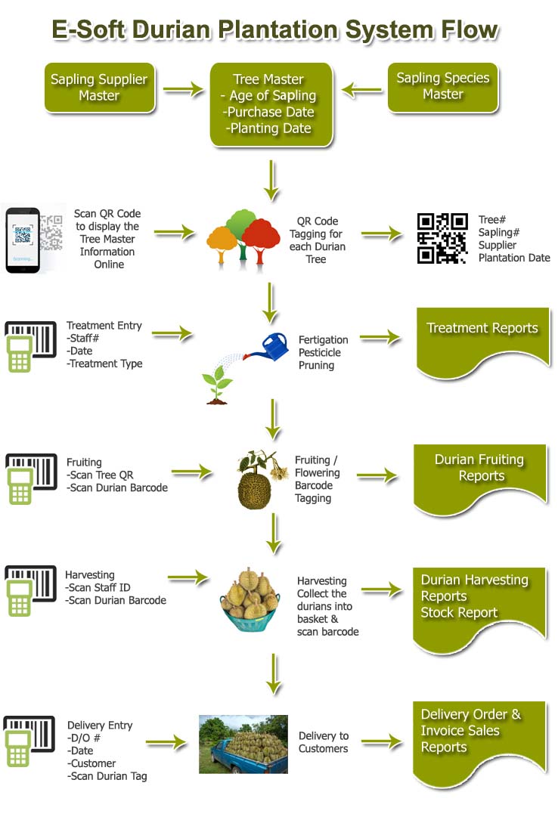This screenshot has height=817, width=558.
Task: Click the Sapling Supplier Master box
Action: (99, 87)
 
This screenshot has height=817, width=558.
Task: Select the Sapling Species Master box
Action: (443, 86)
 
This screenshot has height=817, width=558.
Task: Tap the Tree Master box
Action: (271, 104)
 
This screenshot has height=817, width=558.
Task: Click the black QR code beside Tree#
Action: (442, 238)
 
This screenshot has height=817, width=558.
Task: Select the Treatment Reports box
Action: (482, 340)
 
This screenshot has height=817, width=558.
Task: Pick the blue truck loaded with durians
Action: (243, 744)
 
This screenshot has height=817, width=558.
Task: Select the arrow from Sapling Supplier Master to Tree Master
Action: (184, 91)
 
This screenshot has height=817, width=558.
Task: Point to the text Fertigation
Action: (323, 340)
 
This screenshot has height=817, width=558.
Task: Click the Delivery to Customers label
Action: (323, 742)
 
